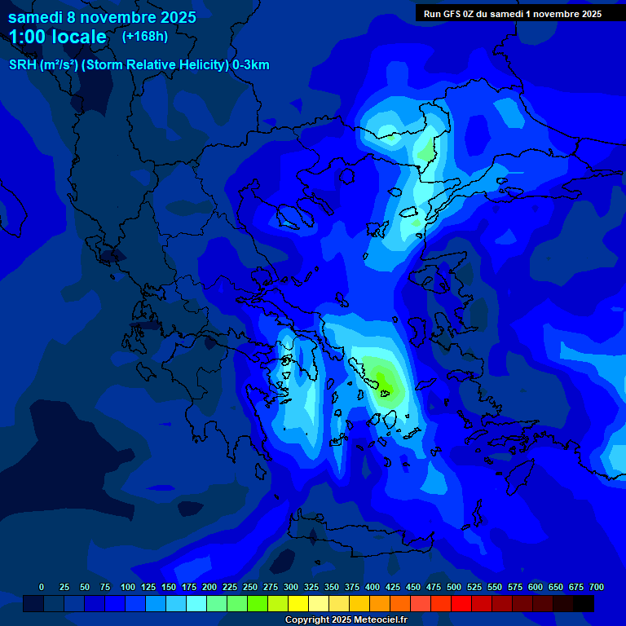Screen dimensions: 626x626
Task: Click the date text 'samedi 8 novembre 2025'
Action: [x=102, y=17]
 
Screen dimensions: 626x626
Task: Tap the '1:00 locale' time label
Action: [x=58, y=37]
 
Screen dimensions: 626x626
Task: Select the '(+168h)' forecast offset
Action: [x=144, y=37]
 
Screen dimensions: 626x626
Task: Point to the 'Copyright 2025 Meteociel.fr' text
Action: [x=346, y=620]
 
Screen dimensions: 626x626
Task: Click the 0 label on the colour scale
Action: [x=42, y=587]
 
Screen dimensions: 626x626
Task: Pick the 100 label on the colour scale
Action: [x=128, y=587]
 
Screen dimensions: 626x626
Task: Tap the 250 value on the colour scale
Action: [x=250, y=587]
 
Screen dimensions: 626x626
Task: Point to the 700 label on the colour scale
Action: [x=597, y=587]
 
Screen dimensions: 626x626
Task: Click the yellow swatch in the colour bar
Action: [x=298, y=604]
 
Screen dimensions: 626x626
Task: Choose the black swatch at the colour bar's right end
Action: [x=584, y=604]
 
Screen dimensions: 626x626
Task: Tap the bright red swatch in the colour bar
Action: [x=461, y=604]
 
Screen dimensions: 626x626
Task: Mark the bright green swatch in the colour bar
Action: [x=258, y=604]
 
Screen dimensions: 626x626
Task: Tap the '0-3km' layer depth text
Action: [x=251, y=65]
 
